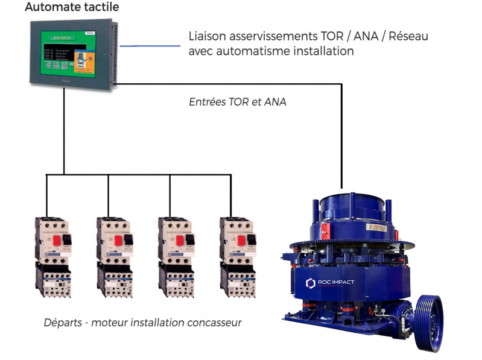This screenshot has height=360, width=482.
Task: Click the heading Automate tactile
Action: pyautogui.click(x=72, y=8)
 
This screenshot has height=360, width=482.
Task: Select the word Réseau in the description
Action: pyautogui.click(x=408, y=37)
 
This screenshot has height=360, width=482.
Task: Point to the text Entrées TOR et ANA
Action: pyautogui.click(x=238, y=103)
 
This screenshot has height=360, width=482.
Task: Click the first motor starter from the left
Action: pyautogui.click(x=52, y=256)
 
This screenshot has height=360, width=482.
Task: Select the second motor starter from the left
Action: pyautogui.click(x=114, y=256)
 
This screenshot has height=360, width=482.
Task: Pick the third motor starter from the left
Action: pyautogui.click(x=176, y=256)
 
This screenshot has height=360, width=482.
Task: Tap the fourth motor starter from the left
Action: pyautogui.click(x=237, y=256)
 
